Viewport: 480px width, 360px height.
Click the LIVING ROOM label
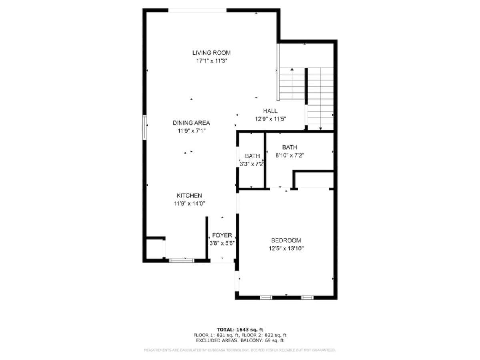[x=211, y=53]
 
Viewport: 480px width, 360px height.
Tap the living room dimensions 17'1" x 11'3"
[x=212, y=61]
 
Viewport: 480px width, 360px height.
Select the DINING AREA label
[x=191, y=123]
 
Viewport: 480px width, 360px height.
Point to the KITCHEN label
[x=189, y=195]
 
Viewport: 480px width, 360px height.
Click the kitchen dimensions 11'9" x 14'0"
[x=189, y=204]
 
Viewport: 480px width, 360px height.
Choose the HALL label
[x=270, y=111]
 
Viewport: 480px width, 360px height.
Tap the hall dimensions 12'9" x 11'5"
[x=270, y=119]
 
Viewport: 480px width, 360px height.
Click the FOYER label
[x=222, y=235]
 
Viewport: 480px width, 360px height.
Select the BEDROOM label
[x=286, y=240]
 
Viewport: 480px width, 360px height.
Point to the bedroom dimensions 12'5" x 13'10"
[x=286, y=248]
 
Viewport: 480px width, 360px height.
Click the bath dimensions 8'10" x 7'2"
[x=290, y=156]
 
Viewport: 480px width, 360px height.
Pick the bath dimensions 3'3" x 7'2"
[x=252, y=164]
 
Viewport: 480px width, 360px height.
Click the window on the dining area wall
[x=144, y=128]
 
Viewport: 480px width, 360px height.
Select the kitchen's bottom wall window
[x=182, y=260]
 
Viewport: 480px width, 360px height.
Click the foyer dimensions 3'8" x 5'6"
[x=222, y=243]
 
